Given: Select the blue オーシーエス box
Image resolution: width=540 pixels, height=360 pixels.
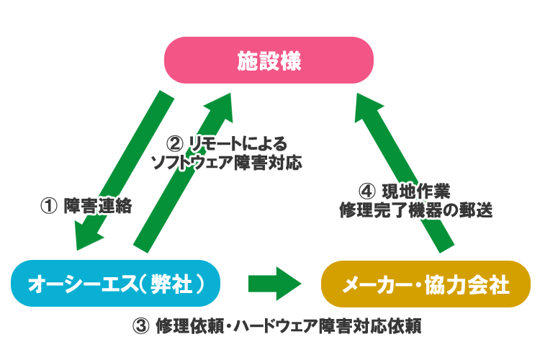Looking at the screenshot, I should tap(116, 284).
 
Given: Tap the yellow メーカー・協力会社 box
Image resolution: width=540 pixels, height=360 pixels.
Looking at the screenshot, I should tap(425, 284).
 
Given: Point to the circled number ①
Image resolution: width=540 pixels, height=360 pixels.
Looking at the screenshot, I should tap(49, 205).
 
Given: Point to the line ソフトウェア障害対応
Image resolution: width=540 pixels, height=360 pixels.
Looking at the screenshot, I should tap(226, 162).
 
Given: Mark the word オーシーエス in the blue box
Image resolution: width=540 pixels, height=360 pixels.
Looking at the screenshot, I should tap(81, 284).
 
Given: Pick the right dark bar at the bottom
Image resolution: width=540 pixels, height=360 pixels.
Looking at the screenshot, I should tap(343, 325).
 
